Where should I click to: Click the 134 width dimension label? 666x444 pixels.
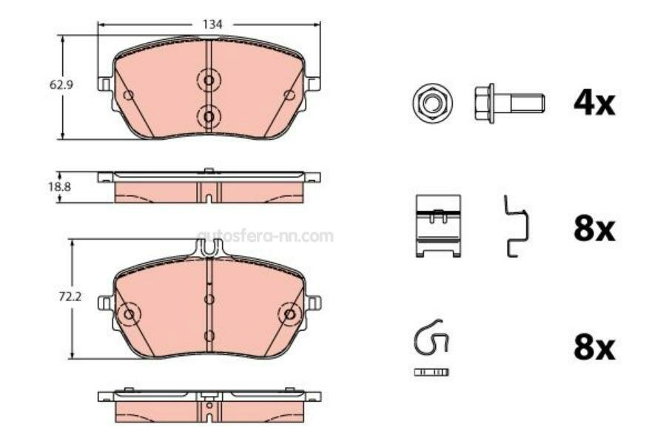click(x=212, y=24)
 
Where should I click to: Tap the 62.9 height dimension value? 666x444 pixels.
click(x=61, y=84)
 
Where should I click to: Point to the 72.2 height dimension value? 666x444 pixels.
click(x=70, y=297)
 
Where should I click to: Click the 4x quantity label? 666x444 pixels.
click(x=594, y=104)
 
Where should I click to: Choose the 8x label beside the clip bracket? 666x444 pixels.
click(x=594, y=229)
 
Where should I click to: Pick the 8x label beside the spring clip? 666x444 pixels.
click(x=594, y=348)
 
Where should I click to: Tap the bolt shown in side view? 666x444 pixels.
click(x=509, y=104)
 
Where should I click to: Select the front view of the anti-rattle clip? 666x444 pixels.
click(x=438, y=226)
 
